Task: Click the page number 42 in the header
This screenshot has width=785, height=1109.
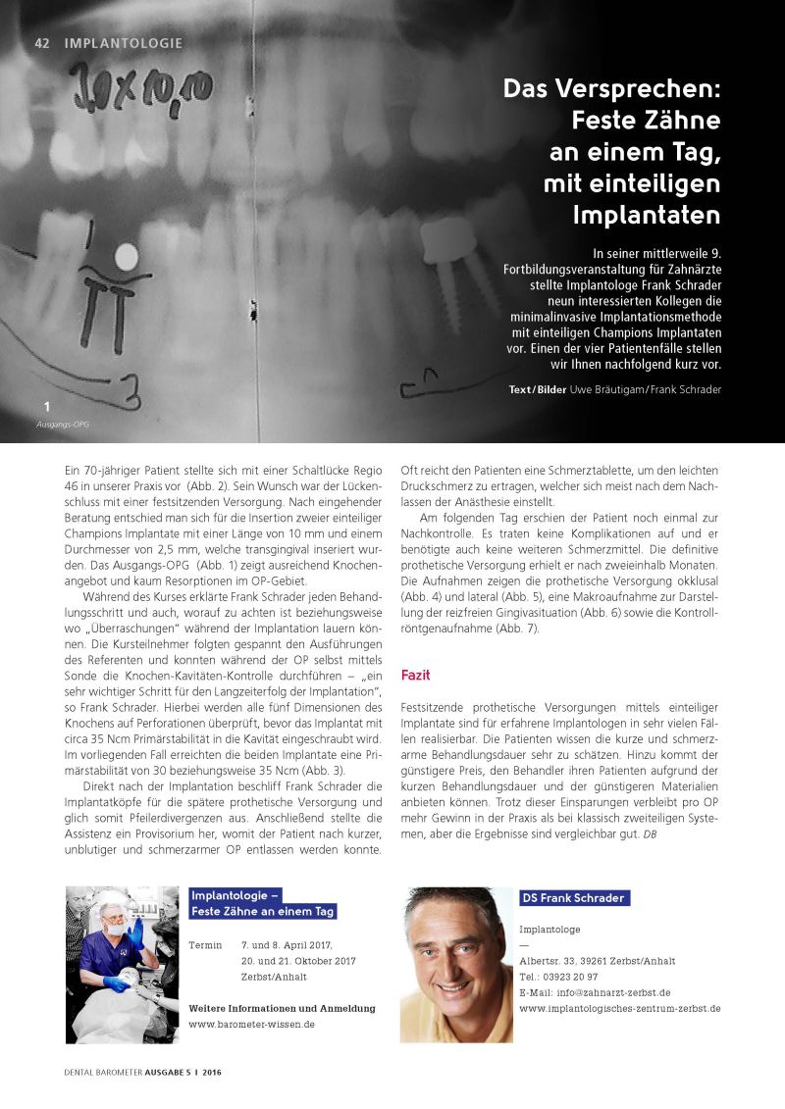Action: [42, 43]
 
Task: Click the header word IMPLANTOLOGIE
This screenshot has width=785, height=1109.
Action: [124, 43]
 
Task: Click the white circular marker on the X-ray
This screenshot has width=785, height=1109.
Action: [127, 258]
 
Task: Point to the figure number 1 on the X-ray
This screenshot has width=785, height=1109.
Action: [46, 406]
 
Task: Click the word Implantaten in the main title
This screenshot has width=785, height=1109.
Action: [647, 214]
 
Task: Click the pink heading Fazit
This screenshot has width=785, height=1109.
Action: [416, 676]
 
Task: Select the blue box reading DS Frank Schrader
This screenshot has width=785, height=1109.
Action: [573, 897]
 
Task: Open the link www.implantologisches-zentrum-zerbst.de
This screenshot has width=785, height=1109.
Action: [619, 1008]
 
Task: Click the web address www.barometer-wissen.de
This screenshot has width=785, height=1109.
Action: [251, 1024]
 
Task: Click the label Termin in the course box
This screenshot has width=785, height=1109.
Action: [204, 944]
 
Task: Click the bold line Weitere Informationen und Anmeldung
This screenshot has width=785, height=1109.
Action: [281, 1008]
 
